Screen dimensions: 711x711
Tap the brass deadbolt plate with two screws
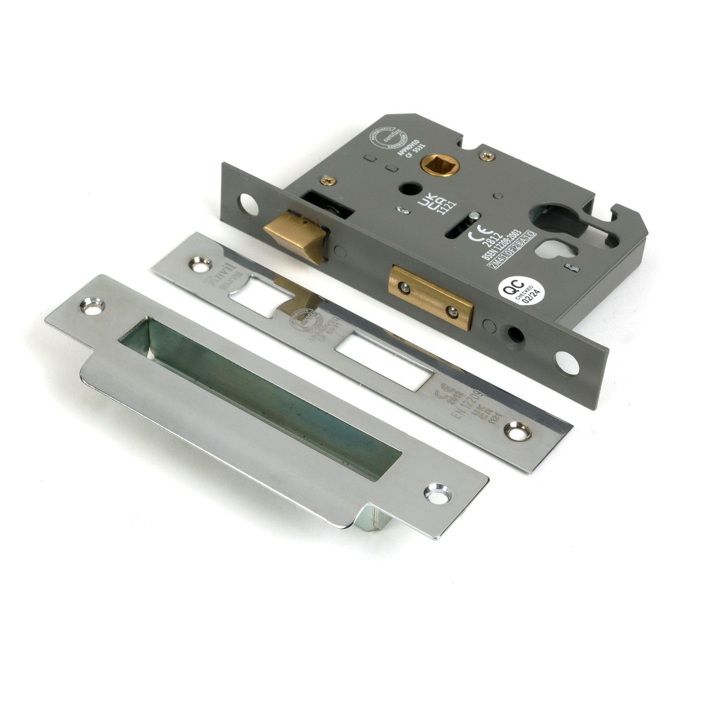coord(430,297)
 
